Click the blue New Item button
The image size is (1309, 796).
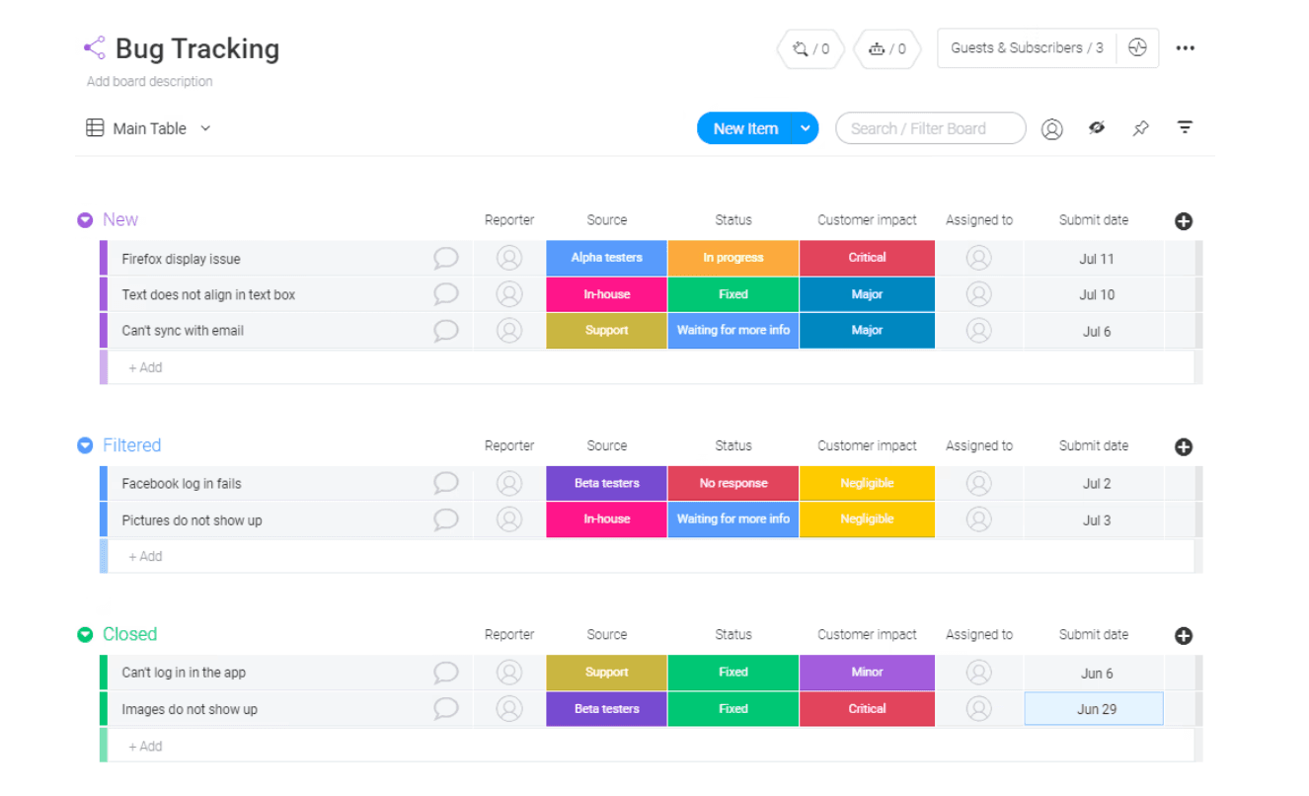click(745, 128)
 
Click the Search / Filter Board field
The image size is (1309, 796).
click(930, 128)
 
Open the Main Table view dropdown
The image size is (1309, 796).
click(205, 128)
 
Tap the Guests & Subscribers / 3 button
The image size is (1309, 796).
click(1027, 48)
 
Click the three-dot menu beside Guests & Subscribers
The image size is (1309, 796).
click(1186, 48)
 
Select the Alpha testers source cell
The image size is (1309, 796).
click(606, 258)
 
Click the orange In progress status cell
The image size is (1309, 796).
click(732, 258)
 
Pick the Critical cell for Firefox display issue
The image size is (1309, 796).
click(867, 258)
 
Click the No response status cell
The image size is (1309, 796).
click(732, 483)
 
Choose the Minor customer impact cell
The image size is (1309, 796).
click(867, 673)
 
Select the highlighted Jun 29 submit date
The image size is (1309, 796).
click(1094, 709)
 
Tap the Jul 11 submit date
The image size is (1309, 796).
click(1097, 259)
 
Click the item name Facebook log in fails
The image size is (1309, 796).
click(182, 483)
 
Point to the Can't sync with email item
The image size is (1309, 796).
click(183, 331)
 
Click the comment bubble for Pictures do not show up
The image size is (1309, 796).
click(445, 519)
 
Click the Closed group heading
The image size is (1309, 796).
click(129, 634)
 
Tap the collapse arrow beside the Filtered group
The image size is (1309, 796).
click(85, 446)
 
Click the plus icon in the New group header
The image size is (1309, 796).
click(1184, 221)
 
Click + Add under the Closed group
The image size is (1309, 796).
click(145, 747)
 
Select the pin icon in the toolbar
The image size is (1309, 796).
click(1140, 128)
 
